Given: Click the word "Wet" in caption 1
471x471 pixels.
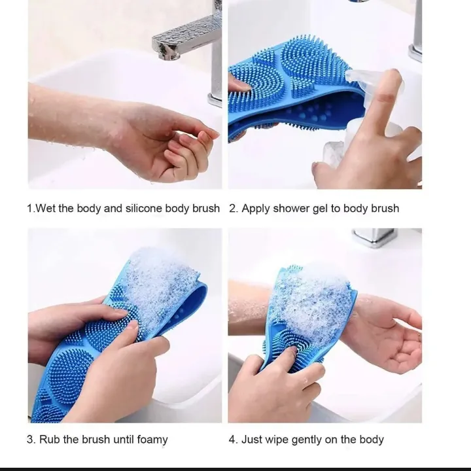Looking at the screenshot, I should tap(45, 209).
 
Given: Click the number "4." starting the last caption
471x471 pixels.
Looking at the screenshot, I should tap(233, 440).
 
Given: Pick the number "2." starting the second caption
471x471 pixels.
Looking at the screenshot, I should tap(233, 209).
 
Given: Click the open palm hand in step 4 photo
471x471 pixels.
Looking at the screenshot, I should tap(386, 334).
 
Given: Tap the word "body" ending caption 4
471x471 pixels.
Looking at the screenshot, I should tap(370, 440).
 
